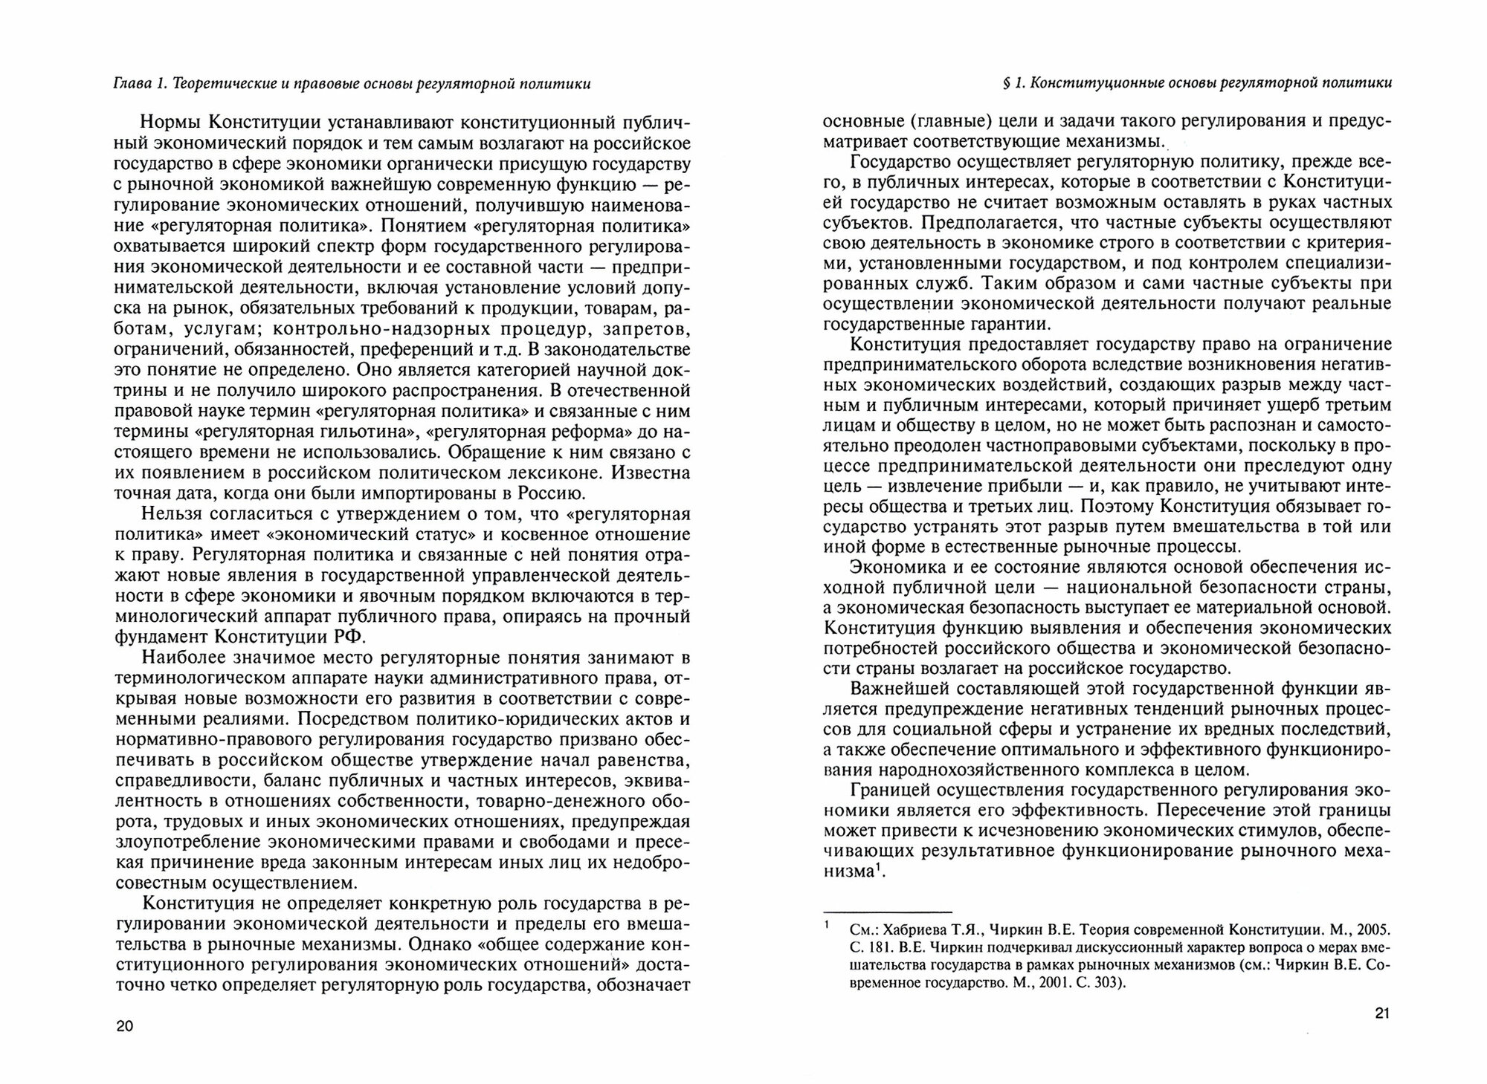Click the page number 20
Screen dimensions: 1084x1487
coord(124,1027)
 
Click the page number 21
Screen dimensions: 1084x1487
coord(1382,1013)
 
